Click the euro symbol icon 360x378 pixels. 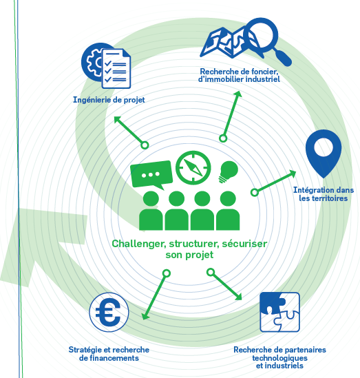pos(109,312)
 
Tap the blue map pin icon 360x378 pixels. pos(324,154)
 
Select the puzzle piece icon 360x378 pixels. pos(279,312)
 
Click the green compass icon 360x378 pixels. pos(193,168)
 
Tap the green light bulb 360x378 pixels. pos(229,171)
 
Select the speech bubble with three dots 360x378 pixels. pos(151,174)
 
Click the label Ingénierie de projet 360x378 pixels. pos(109,100)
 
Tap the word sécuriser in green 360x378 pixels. pos(244,244)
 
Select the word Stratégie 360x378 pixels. pos(86,350)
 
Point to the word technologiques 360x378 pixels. pos(279,358)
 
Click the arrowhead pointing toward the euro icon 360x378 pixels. pos(145,316)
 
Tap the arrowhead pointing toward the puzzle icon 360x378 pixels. pos(239,297)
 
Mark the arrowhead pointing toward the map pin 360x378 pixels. pos(293,173)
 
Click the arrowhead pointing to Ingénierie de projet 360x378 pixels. pos(117,120)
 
